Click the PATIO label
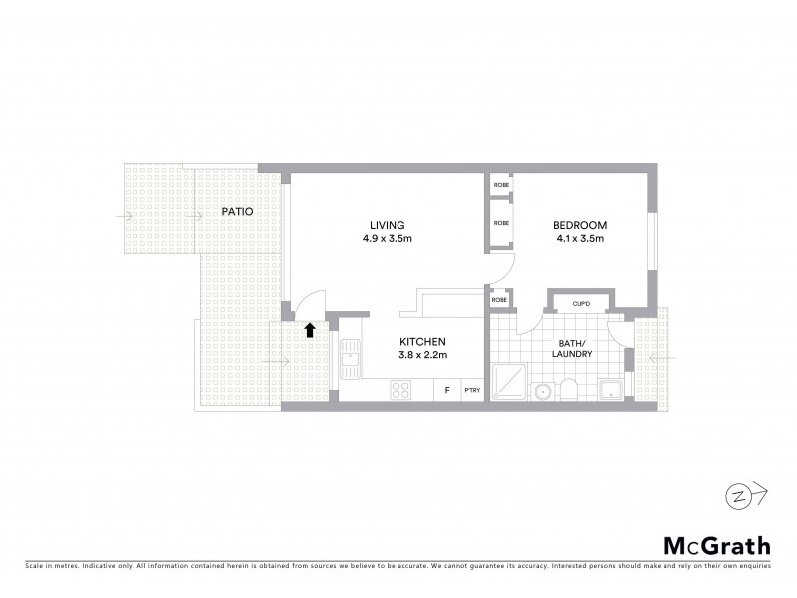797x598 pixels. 237,212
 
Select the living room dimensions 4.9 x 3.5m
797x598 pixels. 389,239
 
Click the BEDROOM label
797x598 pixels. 579,224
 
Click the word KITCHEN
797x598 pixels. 422,340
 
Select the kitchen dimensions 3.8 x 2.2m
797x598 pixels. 422,355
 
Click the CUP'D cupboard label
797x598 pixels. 580,303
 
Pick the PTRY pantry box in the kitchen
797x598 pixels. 472,390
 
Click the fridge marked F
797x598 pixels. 447,390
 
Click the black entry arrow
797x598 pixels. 310,330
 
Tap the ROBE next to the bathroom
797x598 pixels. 501,299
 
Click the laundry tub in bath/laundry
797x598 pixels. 609,388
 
